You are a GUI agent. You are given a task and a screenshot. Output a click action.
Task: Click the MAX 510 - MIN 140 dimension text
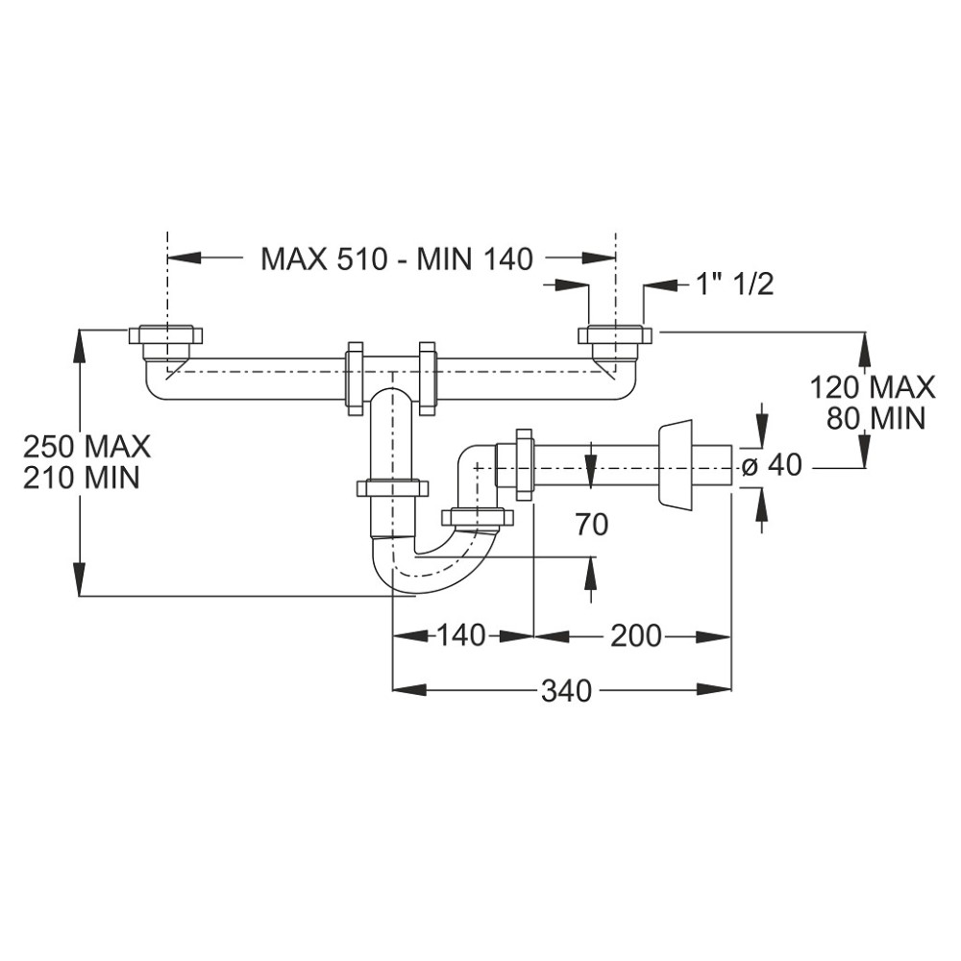[x=397, y=259]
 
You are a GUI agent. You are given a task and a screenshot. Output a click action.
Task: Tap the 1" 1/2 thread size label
[x=734, y=284]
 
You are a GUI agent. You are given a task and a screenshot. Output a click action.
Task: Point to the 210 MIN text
[x=82, y=477]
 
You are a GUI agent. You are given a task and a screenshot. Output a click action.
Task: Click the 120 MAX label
[x=873, y=387]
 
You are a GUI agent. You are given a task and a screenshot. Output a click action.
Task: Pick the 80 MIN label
[x=875, y=418]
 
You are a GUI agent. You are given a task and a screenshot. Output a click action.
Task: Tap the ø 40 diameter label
[x=772, y=465]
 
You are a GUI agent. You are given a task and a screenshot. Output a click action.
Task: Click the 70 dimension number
[x=592, y=525]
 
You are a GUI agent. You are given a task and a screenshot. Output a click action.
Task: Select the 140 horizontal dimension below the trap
[x=461, y=635]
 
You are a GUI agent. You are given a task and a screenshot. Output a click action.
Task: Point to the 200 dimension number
[x=635, y=635]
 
